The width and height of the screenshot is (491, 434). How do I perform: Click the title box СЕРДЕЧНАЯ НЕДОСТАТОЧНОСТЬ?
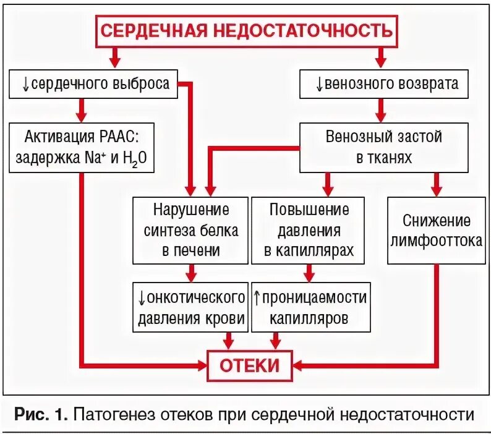pyautogui.click(x=246, y=30)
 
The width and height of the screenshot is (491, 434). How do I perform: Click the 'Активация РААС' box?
pyautogui.click(x=82, y=147)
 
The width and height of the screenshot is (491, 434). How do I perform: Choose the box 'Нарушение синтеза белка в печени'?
pyautogui.click(x=190, y=230)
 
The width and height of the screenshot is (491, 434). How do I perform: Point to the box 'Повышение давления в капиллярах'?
pyautogui.click(x=309, y=230)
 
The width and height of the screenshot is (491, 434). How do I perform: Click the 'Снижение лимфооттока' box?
pyautogui.click(x=437, y=230)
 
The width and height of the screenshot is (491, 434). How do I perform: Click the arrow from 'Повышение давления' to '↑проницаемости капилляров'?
pyautogui.click(x=309, y=272)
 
